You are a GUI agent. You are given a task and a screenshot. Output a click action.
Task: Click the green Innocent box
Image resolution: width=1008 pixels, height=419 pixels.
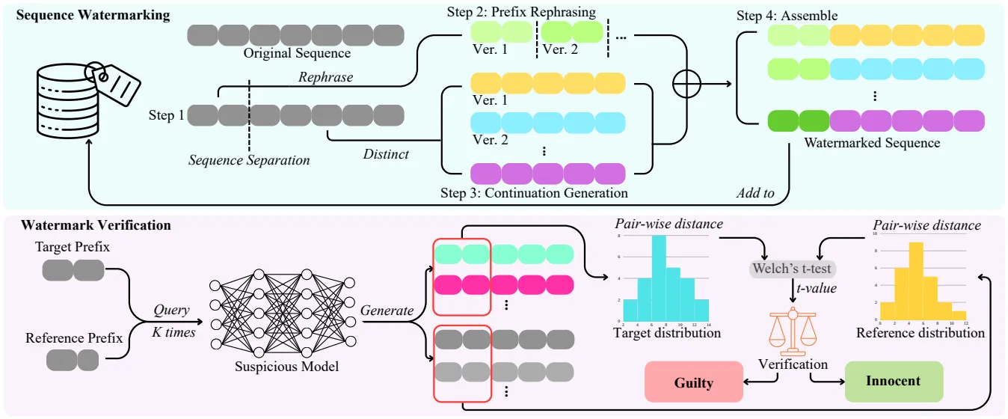894,381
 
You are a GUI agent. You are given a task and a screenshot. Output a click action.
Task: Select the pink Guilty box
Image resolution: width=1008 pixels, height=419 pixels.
693,382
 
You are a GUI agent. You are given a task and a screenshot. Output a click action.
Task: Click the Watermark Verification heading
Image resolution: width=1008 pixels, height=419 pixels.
96,224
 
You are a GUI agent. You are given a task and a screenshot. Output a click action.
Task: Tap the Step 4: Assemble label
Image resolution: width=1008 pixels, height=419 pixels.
787,15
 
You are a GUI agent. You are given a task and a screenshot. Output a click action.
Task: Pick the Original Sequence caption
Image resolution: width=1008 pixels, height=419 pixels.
296,54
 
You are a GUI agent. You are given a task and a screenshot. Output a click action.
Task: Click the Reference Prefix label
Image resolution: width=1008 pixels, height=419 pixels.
74,338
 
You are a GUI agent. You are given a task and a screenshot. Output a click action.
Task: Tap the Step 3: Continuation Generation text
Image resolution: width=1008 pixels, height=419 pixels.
534,194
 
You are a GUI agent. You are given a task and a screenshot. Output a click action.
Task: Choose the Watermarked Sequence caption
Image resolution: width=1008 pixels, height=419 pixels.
871,142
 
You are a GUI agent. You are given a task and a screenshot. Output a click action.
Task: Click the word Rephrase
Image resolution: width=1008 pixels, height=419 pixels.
325,77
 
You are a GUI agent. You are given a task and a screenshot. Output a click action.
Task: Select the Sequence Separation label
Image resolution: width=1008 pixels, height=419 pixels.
249,159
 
